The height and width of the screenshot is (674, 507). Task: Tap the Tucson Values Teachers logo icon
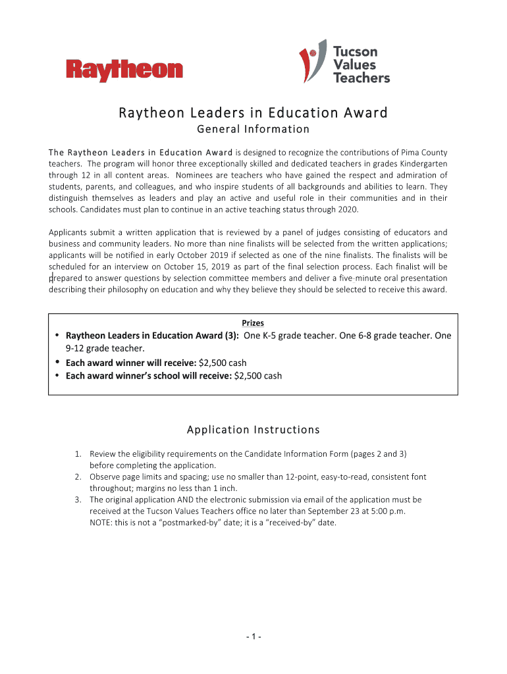[311, 64]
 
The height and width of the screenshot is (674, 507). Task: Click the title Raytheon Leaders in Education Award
[253, 113]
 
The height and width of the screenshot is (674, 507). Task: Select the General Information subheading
[254, 129]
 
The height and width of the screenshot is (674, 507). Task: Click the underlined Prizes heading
[253, 323]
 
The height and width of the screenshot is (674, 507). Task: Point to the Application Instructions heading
[253, 430]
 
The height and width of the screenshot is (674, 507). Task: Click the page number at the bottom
[254, 636]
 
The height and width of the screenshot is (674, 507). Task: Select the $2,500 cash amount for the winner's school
[258, 376]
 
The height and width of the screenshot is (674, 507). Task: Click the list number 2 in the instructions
[77, 477]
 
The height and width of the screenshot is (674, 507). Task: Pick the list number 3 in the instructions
[77, 500]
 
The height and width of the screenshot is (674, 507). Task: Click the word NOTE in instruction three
[101, 522]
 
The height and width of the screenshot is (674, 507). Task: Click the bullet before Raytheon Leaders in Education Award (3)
[57, 336]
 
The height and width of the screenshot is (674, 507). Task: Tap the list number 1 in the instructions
[77, 454]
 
